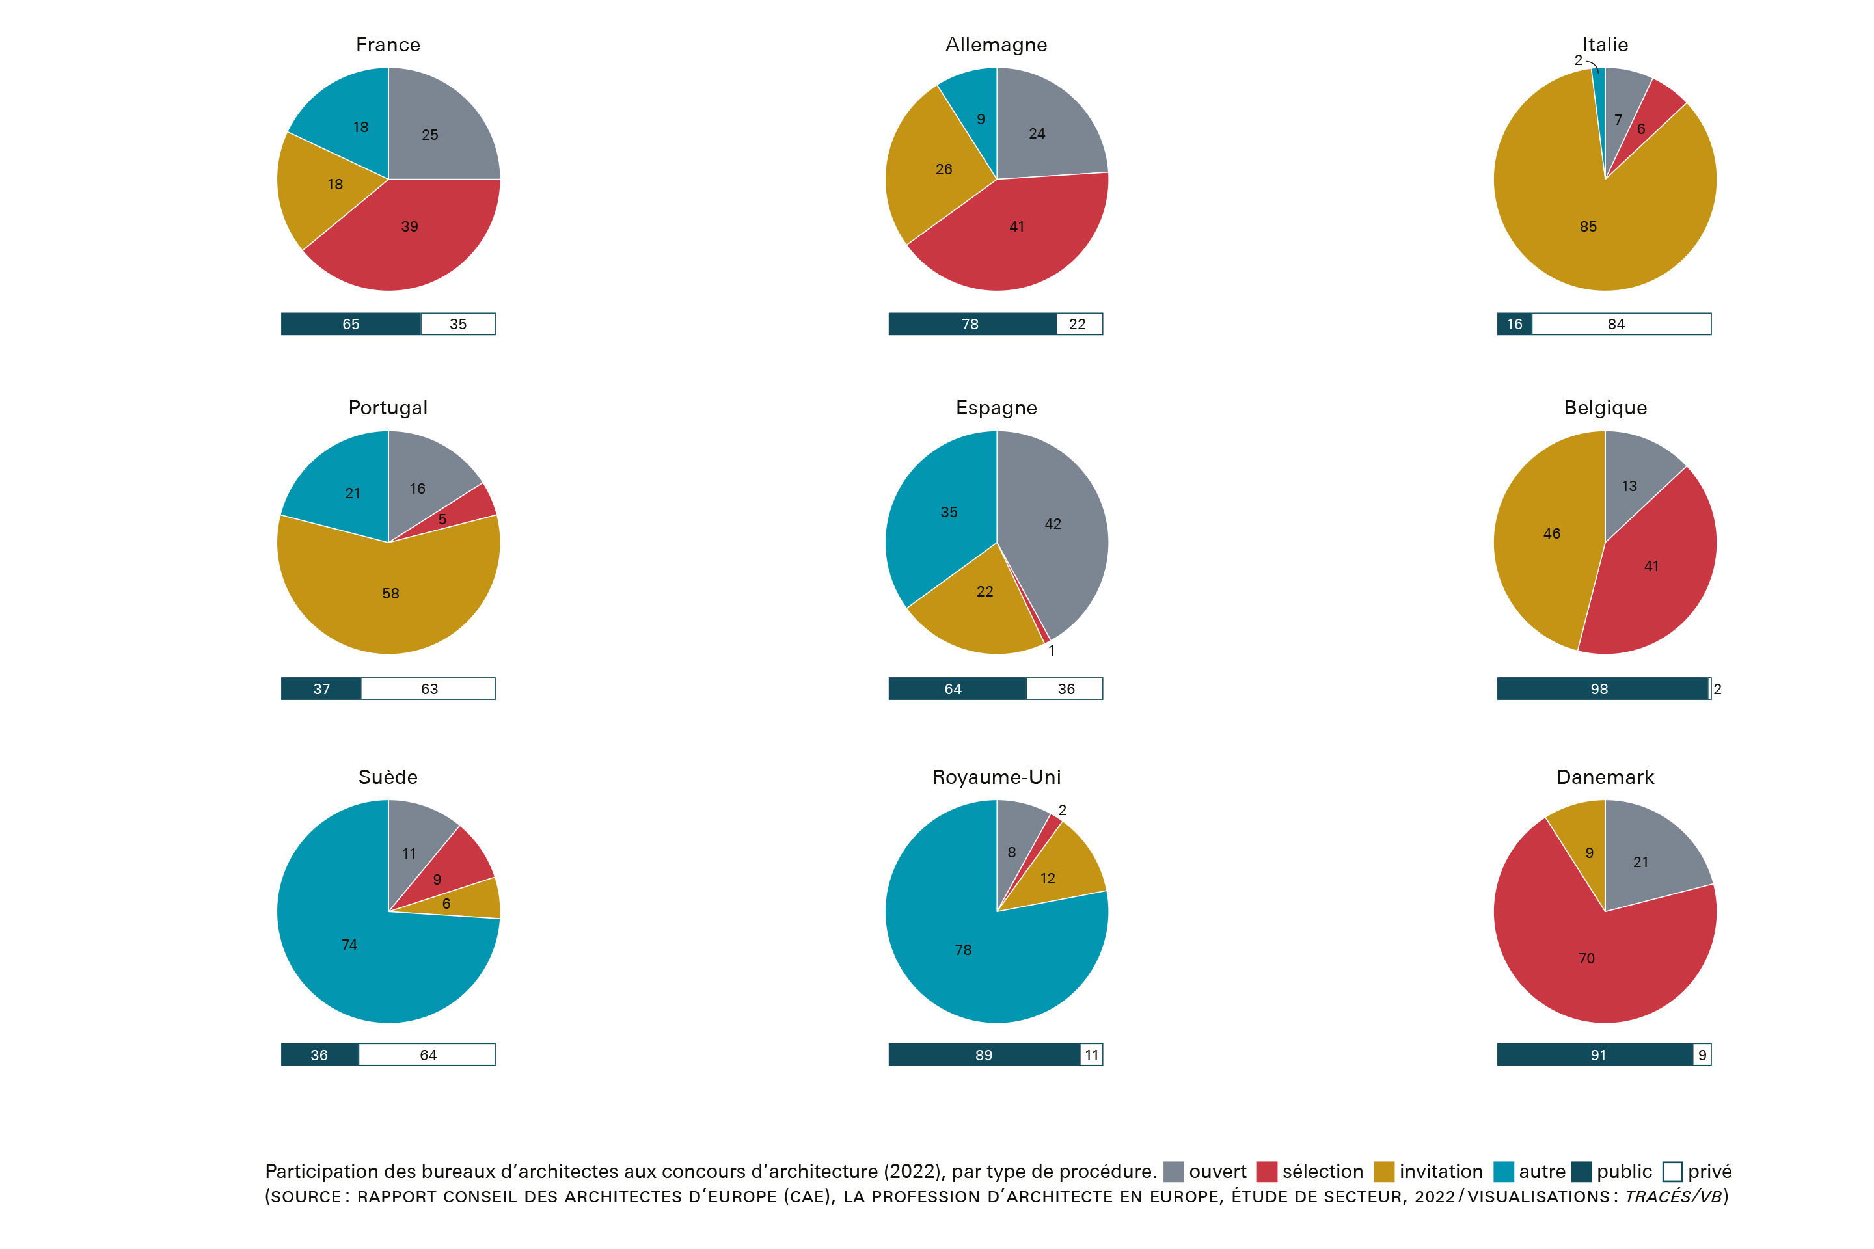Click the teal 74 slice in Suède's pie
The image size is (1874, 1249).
click(x=351, y=948)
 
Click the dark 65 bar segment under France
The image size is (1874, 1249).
click(x=351, y=324)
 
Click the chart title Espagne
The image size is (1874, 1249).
click(x=996, y=408)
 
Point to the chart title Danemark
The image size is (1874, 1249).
click(x=1605, y=777)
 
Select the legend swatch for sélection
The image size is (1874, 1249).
click(x=1267, y=1172)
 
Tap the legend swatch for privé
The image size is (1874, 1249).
click(x=1672, y=1172)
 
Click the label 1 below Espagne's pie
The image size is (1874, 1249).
click(x=1051, y=651)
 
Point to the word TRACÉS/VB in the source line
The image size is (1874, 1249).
click(x=1673, y=1196)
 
